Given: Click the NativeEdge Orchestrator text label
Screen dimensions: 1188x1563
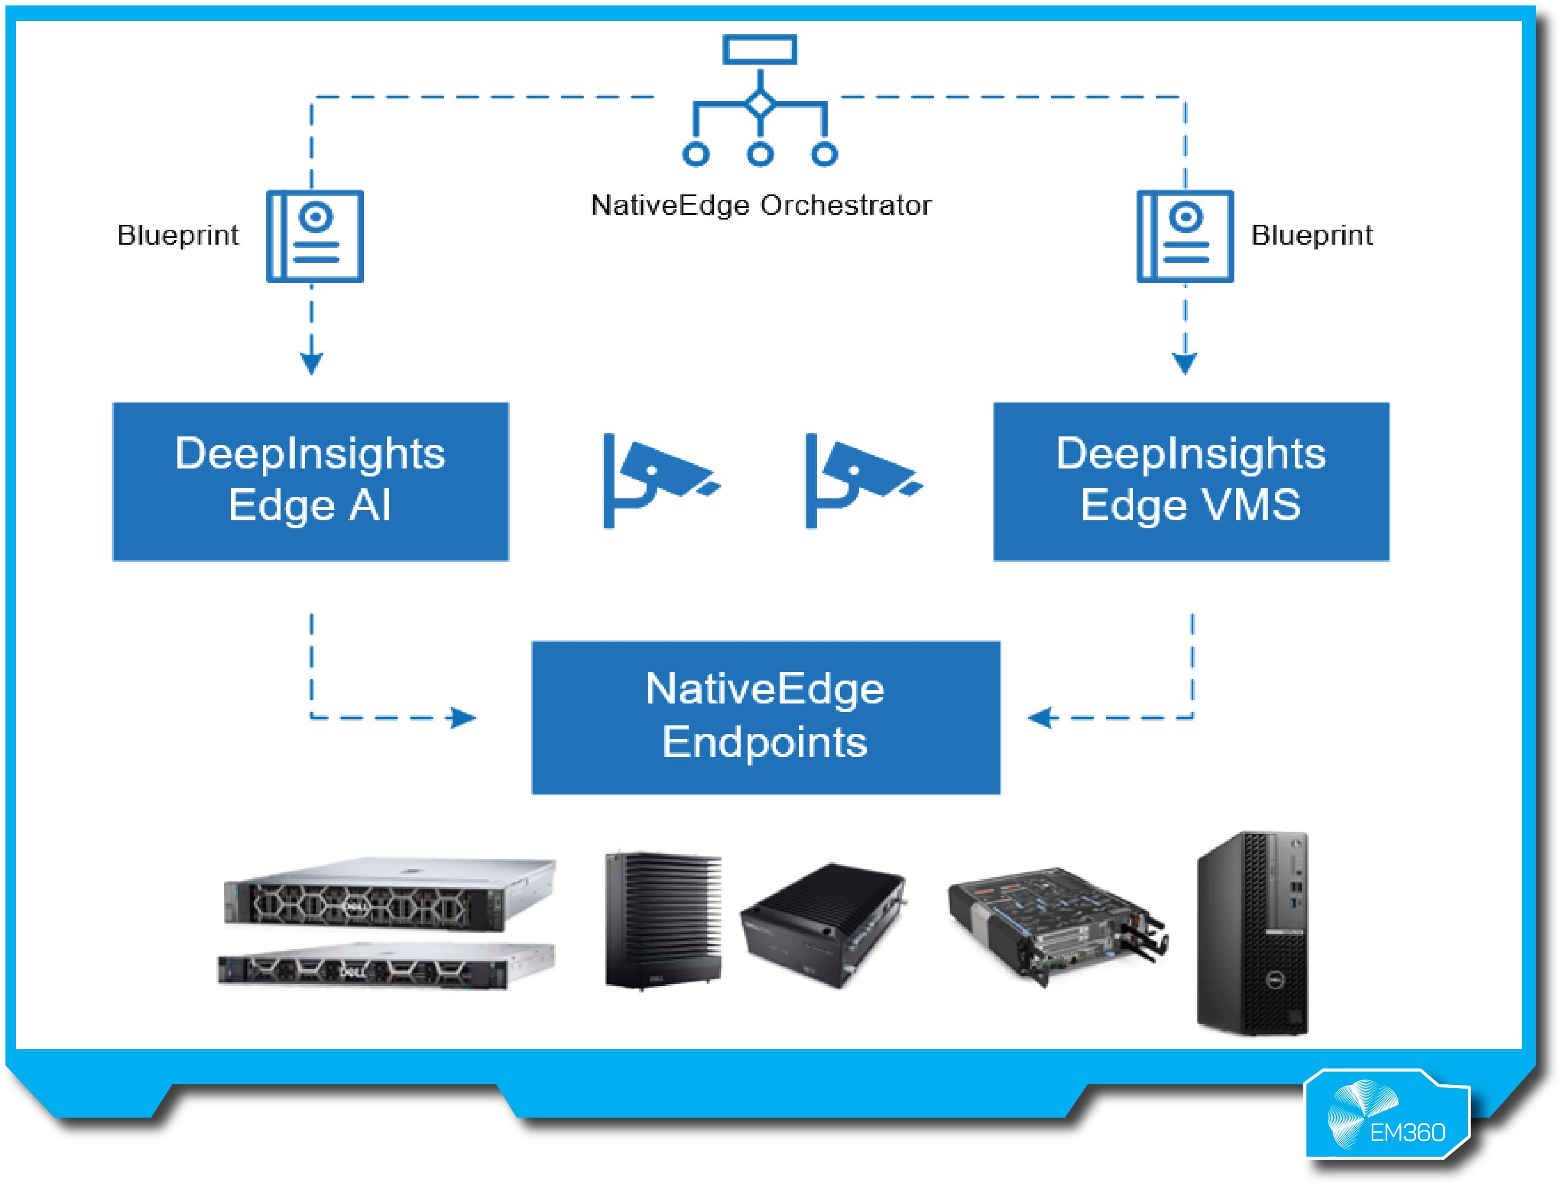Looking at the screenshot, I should pos(761,206).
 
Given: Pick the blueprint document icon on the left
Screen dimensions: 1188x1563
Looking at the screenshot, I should pos(315,236).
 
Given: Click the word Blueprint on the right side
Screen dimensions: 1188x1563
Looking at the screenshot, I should pos(1311,236).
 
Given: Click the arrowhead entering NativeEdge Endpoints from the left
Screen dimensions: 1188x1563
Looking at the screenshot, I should pos(464,718).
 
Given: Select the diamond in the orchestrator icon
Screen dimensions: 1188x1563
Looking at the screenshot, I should pos(760,105).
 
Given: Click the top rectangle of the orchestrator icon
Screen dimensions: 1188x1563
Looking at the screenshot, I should pos(759,50).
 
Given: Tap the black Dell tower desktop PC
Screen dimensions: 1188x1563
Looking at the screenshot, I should pos(1253,933).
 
